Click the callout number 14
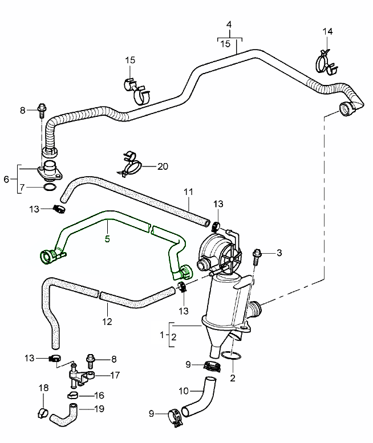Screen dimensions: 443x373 [327, 31]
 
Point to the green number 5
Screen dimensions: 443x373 [107, 238]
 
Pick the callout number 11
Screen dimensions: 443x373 [188, 192]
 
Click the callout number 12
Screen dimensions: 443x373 [107, 321]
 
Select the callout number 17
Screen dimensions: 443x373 [115, 375]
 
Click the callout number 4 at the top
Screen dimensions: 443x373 [229, 25]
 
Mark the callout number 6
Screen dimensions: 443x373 [6, 178]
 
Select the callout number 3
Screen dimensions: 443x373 [279, 253]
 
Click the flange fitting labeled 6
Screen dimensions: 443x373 [50, 172]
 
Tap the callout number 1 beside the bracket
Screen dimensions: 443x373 [163, 334]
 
